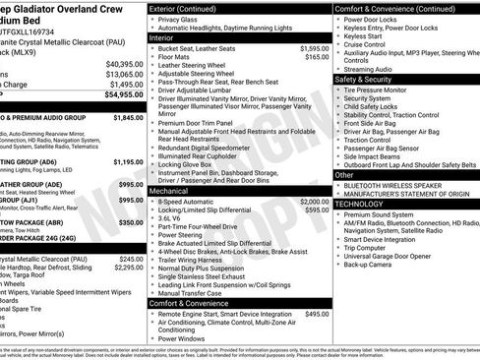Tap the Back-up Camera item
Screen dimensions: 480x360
pyautogui.click(x=371, y=264)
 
